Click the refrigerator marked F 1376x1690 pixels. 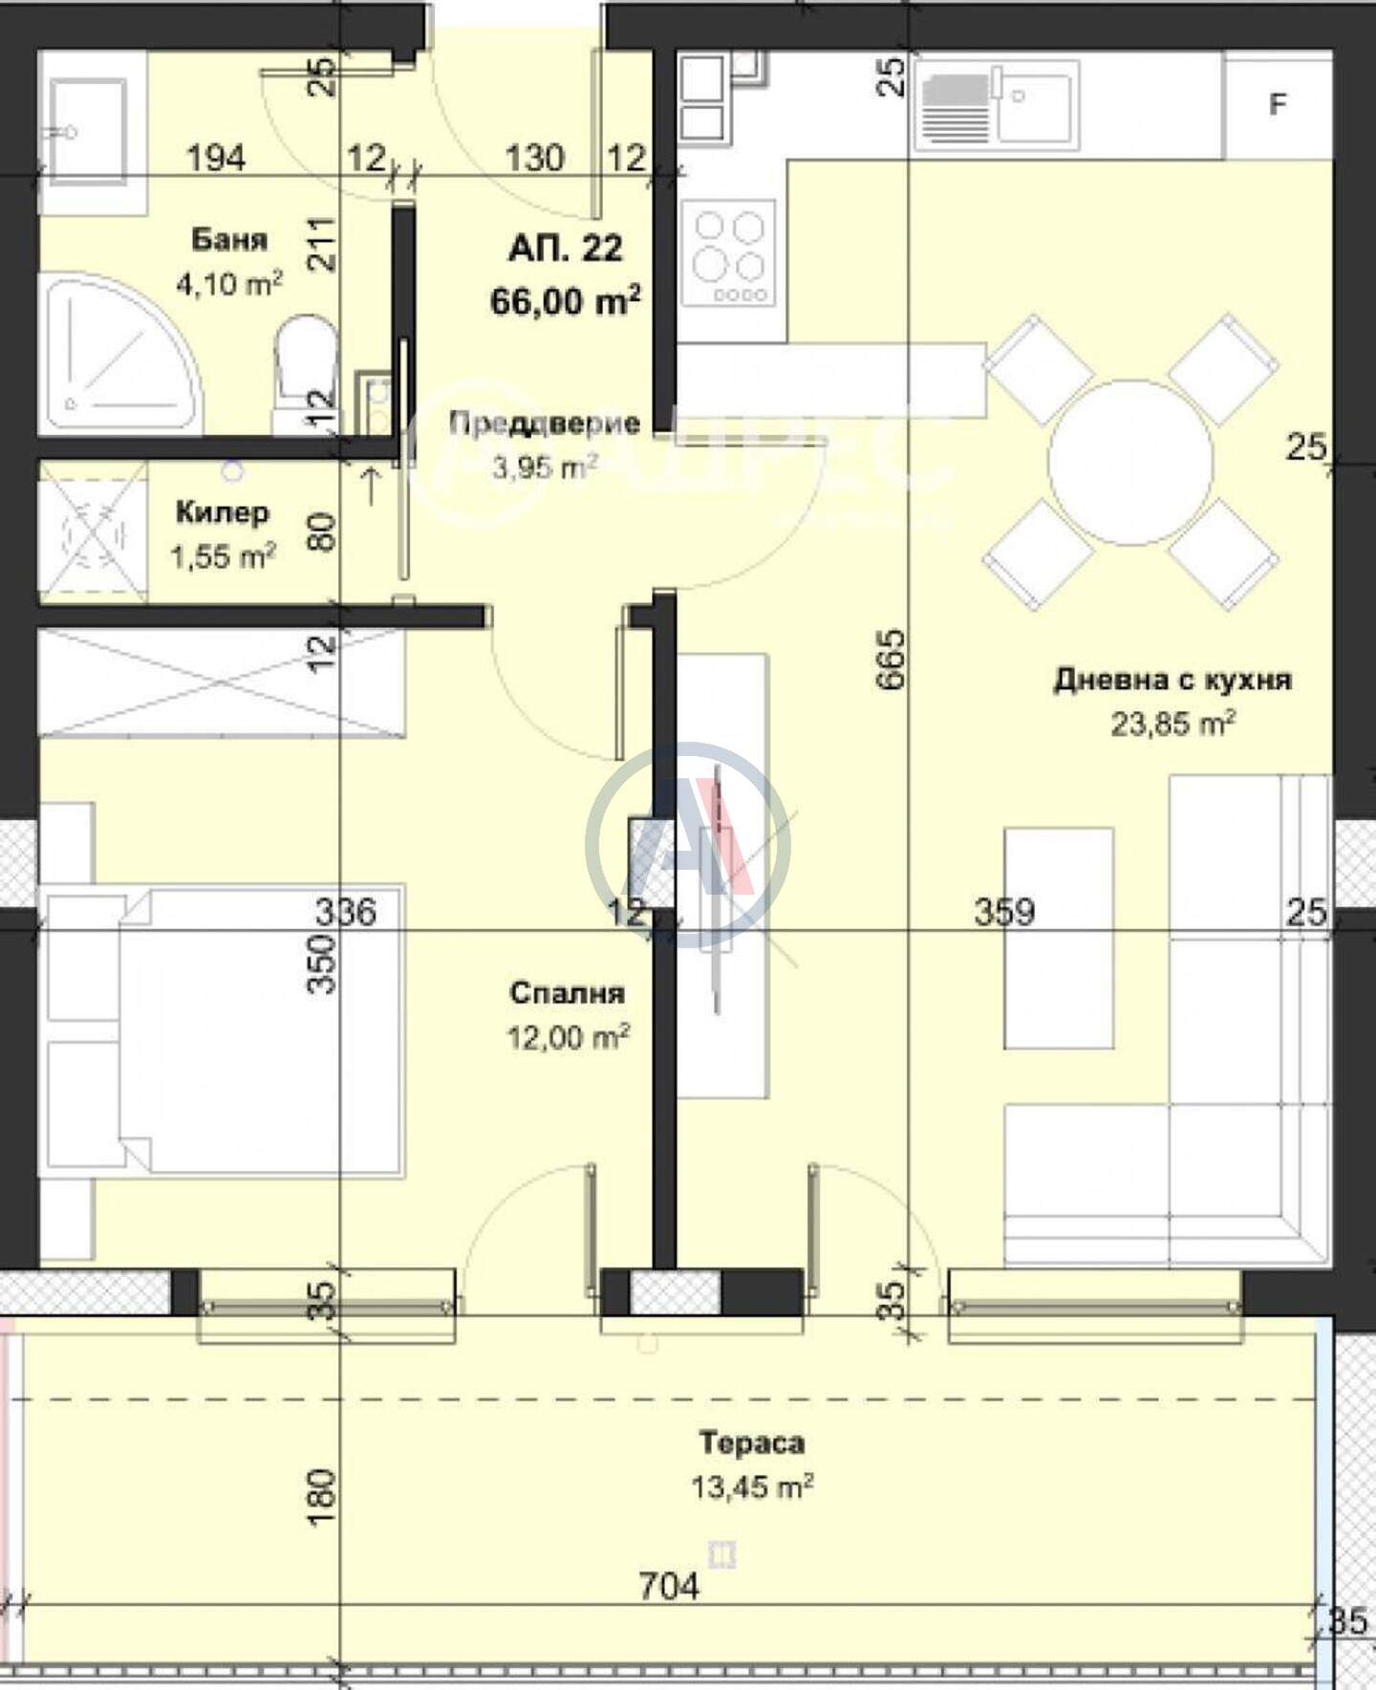tap(1278, 104)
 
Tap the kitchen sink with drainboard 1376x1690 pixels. tap(997, 105)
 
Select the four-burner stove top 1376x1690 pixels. tap(729, 252)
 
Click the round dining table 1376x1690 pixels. tap(1130, 463)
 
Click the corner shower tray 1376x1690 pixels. tap(119, 354)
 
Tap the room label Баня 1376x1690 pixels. tap(229, 239)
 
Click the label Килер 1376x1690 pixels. tap(223, 512)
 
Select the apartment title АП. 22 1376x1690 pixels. tap(565, 249)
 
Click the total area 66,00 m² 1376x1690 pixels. tap(565, 301)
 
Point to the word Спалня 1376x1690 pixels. tap(567, 993)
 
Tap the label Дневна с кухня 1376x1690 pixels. tap(1172, 680)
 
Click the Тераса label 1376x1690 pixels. tap(752, 1442)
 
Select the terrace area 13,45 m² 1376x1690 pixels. tap(752, 1487)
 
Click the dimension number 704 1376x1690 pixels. tap(669, 1588)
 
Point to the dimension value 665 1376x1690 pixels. tap(890, 659)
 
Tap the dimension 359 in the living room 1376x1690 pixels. tap(1004, 912)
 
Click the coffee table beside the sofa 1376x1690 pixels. tap(1059, 939)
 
